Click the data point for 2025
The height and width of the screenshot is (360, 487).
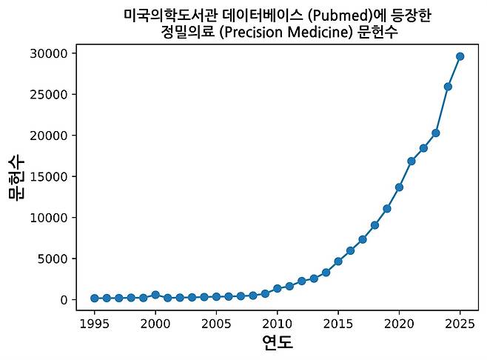460,56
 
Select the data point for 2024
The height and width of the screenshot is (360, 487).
448,87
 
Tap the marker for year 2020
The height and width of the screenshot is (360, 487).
399,187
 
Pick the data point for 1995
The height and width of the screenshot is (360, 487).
95,298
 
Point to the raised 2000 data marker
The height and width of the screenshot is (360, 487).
155,295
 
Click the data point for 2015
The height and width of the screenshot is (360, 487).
338,261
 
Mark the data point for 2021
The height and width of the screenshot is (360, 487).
412,161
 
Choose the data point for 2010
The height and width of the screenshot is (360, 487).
277,288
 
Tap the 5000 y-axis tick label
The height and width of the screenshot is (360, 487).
54,259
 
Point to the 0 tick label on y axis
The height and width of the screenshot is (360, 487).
65,300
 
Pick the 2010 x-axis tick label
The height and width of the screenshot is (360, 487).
277,323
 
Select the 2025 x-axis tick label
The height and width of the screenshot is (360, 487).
460,323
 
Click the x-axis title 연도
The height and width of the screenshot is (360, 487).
278,343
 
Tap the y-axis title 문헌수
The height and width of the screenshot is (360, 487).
16,177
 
